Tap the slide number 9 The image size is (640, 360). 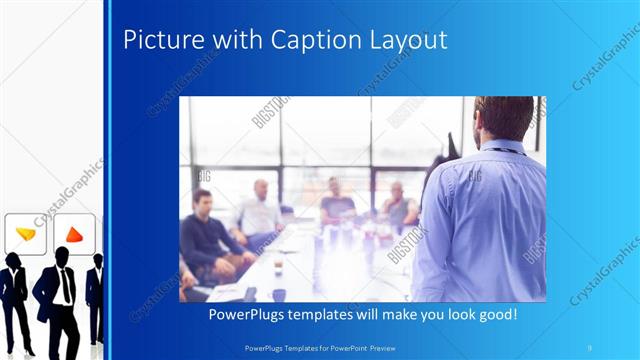point(590,346)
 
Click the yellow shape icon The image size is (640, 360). point(26,234)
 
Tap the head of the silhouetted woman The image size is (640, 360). point(14,260)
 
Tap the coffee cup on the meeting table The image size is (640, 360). point(277,263)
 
